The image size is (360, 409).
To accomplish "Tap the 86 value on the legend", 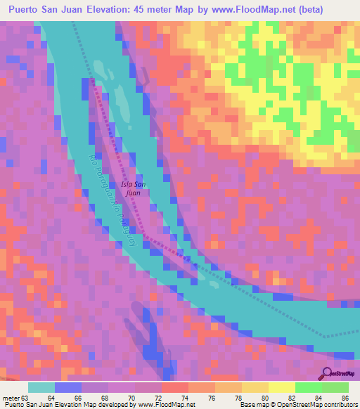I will coord(344,398).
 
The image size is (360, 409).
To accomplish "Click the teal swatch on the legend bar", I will coord(41,387).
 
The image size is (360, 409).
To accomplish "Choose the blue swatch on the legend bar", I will coord(68,387).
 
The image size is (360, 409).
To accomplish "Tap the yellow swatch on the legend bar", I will coord(281,387).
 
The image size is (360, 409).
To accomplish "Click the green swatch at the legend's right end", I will coord(335,387).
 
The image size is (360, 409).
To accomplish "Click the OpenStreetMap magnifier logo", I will coord(327,373).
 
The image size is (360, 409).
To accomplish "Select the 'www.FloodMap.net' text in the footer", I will coord(167,405).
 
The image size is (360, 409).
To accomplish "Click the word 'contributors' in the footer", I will coord(340,405).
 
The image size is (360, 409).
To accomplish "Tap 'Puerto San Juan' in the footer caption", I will coord(26,405).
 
